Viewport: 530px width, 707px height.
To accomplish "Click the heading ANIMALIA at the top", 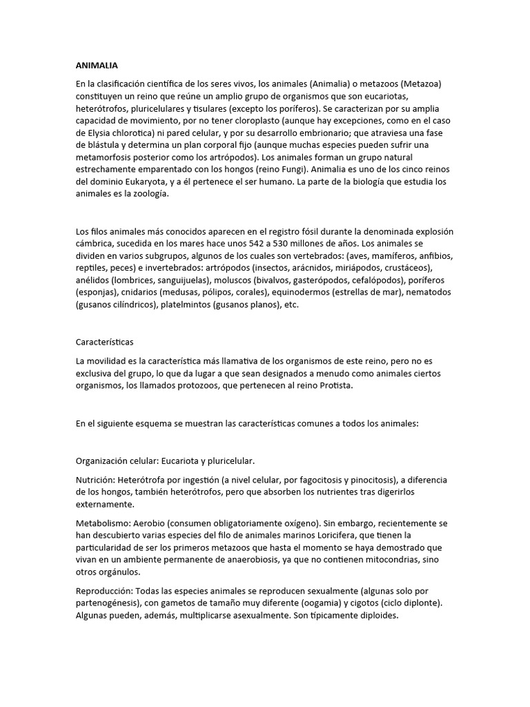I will (97, 66).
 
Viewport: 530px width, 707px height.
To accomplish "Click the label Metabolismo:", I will (104, 523).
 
